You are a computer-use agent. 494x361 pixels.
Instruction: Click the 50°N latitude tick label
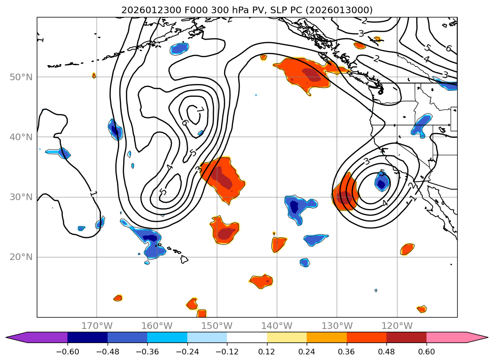(23, 77)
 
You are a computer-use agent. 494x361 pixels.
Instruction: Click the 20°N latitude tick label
(23, 257)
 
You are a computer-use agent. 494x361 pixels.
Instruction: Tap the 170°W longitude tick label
(97, 326)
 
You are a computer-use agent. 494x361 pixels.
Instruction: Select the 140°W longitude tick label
(276, 326)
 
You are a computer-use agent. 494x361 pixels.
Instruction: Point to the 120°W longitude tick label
(397, 326)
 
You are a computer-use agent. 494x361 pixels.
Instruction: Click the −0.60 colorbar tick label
(67, 352)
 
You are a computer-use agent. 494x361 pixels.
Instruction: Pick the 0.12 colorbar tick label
(267, 352)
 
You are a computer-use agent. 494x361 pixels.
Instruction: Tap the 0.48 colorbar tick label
(386, 352)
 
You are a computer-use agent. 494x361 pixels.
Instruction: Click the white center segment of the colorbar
(247, 337)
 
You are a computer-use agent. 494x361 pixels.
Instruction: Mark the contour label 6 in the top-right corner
(448, 49)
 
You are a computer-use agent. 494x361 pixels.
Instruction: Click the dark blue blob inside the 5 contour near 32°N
(382, 181)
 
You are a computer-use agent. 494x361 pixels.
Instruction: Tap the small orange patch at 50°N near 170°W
(94, 76)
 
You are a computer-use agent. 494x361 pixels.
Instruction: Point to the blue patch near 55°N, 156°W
(179, 48)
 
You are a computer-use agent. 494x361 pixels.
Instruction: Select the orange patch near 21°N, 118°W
(407, 249)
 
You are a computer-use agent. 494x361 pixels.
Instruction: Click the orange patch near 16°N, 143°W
(261, 281)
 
